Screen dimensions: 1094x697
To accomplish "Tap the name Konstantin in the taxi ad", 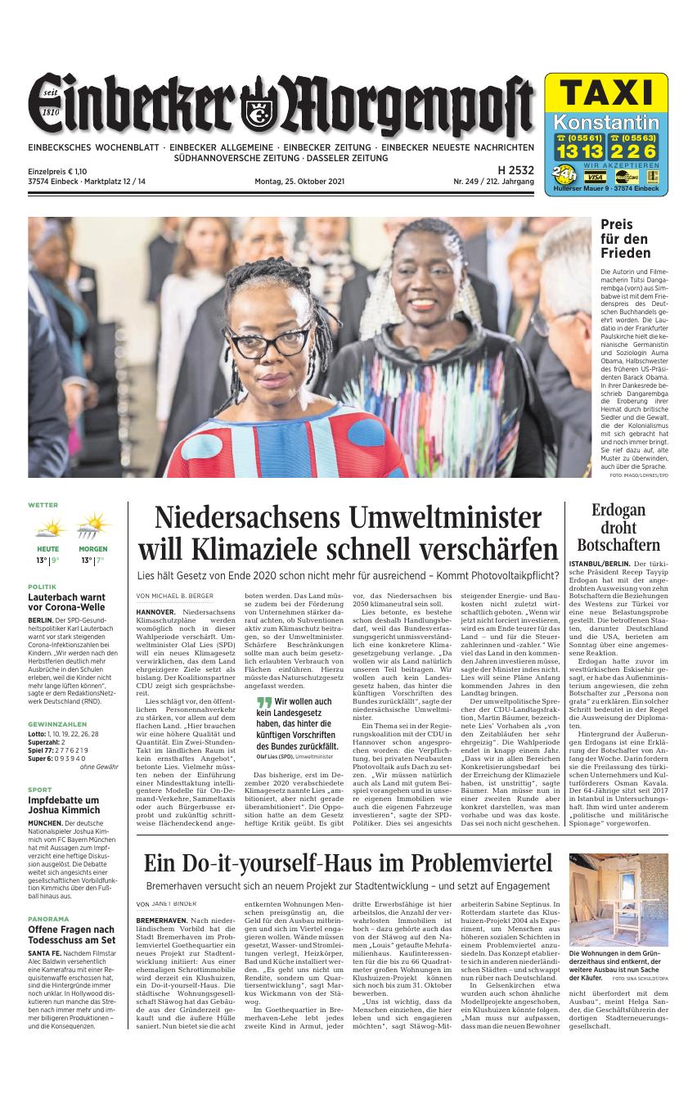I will click(606, 124).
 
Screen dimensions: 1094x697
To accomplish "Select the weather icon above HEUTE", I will click(47, 526).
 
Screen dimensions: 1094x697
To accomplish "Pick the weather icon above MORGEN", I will click(92, 526).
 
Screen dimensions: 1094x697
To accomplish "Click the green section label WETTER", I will click(43, 505).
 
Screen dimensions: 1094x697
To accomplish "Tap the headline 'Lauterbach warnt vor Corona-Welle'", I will click(66, 602).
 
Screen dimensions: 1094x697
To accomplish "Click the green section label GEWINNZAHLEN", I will click(57, 724).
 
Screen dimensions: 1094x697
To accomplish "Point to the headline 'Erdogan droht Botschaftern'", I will click(618, 528).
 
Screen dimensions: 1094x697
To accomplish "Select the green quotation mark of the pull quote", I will click(263, 702).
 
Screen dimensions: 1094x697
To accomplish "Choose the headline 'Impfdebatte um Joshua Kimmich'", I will click(64, 806).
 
